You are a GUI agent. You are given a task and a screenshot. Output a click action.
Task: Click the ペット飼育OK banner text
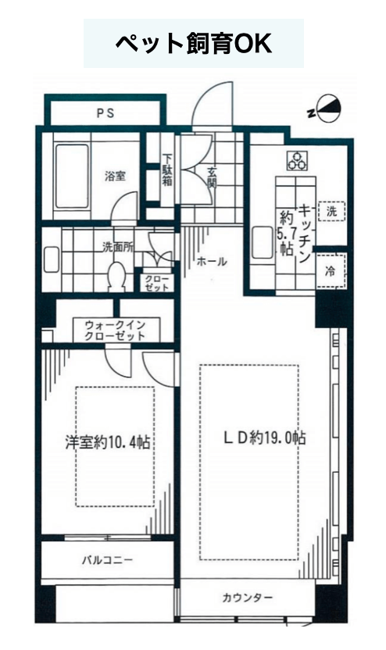coord(193,43)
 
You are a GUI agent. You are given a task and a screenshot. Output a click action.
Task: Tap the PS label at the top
coord(105,112)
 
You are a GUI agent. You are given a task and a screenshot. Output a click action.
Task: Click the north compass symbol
coord(327,109)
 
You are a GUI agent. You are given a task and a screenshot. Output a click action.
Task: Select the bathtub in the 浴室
coord(72,176)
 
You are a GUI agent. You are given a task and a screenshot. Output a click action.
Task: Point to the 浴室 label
coord(115,177)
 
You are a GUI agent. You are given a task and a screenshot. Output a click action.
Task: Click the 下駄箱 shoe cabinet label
coord(167,170)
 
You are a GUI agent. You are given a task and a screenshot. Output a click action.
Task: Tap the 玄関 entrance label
coord(212,178)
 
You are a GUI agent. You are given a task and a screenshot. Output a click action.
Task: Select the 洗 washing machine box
coord(331,211)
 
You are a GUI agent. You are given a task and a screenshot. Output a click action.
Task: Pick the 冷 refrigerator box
coord(331,272)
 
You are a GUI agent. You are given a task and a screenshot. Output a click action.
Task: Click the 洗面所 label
coord(118,247)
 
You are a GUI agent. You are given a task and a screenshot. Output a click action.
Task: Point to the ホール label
coord(212,261)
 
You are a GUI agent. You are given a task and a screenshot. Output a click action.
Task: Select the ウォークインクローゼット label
coord(116,330)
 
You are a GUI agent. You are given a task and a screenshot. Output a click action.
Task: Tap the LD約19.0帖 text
coord(266,437)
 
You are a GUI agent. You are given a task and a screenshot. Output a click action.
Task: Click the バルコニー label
coord(108,560)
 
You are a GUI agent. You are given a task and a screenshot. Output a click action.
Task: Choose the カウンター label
coord(248,598)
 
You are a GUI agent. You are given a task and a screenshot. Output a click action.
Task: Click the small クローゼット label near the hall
coord(157,284)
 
